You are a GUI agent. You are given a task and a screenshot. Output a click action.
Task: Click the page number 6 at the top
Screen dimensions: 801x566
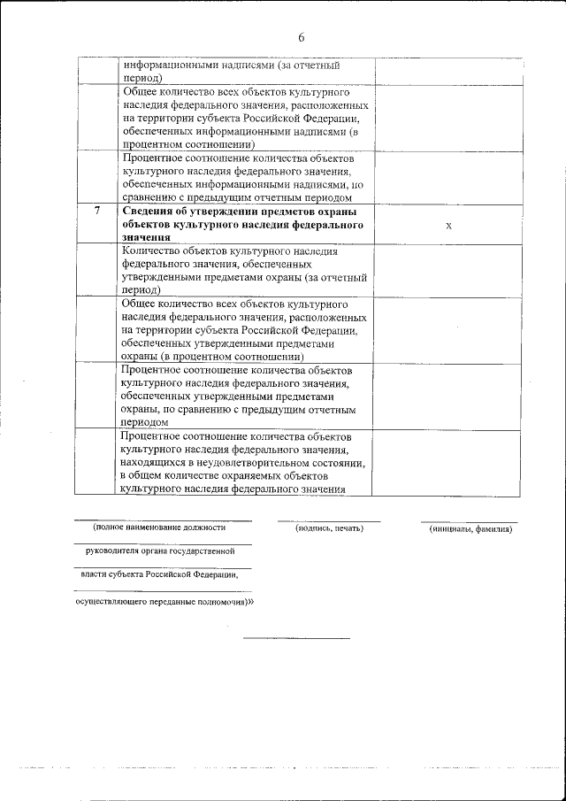click(x=301, y=37)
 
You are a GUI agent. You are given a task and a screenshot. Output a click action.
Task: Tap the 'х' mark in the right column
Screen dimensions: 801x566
click(x=448, y=226)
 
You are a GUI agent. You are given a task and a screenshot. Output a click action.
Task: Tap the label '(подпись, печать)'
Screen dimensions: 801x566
click(x=329, y=528)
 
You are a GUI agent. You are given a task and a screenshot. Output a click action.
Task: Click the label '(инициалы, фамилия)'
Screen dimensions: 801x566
click(x=470, y=529)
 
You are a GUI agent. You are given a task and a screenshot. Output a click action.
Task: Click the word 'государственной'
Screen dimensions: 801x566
click(x=203, y=551)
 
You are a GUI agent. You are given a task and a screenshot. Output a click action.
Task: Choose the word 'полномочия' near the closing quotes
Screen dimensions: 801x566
click(x=218, y=600)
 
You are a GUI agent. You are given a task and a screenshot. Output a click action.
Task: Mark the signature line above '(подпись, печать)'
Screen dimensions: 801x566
click(x=329, y=520)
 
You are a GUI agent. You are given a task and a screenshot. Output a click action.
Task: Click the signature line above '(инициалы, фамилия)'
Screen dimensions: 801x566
click(x=469, y=521)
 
